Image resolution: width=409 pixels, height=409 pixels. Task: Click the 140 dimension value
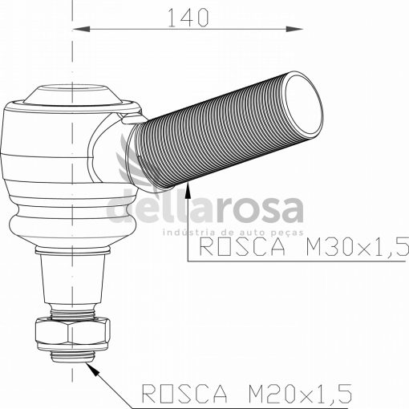[x=188, y=18]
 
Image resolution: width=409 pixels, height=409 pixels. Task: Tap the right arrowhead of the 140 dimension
[x=294, y=29]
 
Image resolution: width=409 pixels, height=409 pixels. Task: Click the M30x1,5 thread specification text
[x=357, y=246]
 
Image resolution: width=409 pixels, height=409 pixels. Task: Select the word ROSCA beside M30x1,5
[x=242, y=246]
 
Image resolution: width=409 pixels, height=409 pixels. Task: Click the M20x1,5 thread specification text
[x=300, y=394]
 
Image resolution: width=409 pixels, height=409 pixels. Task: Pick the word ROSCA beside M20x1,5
[x=184, y=394]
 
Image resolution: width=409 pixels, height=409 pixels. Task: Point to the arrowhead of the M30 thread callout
[x=188, y=189]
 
